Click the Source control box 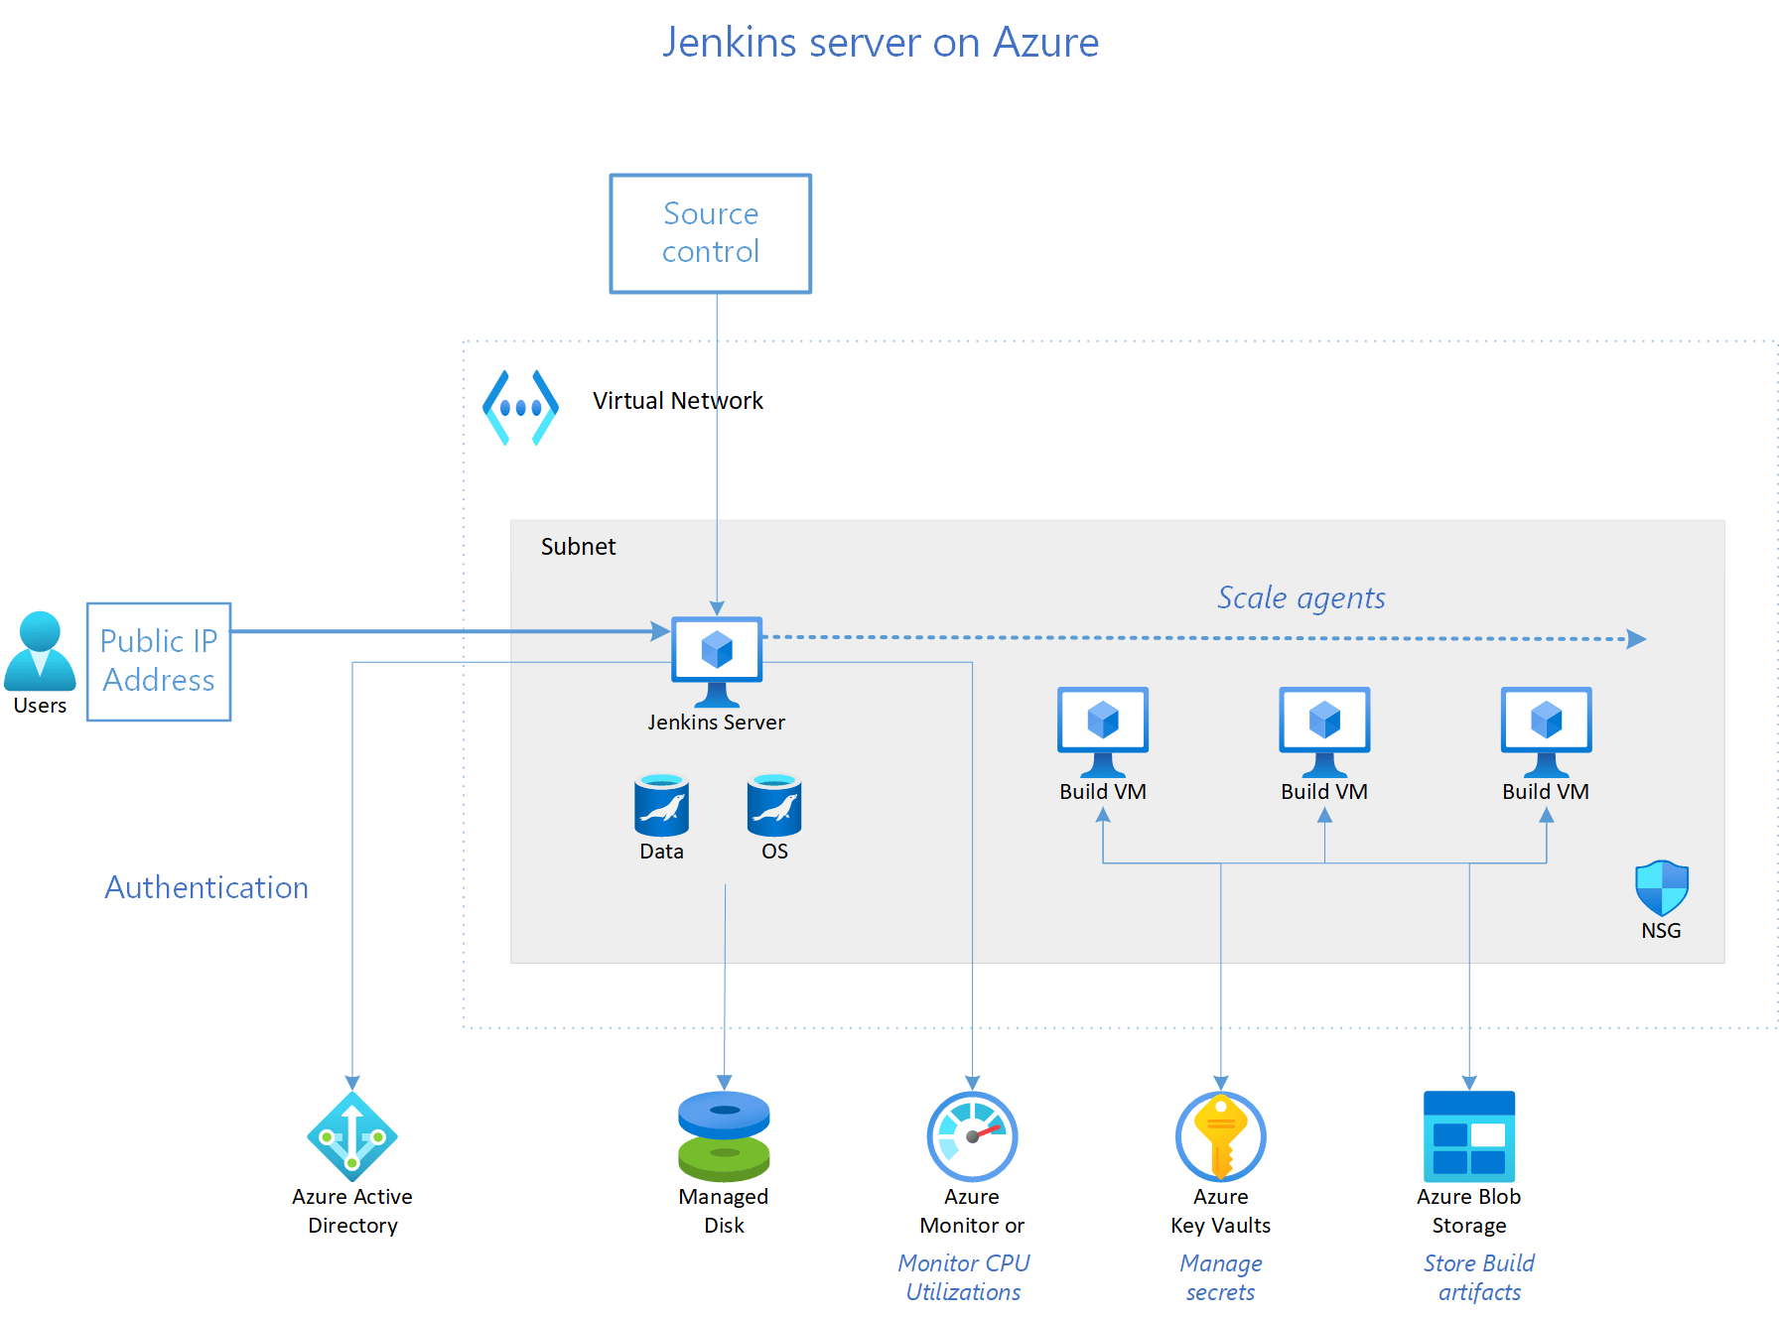coord(710,233)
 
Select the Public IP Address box coord(159,661)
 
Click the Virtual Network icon coord(520,407)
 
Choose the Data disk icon coord(661,805)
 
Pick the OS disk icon coord(774,805)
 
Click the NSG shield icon coord(1661,887)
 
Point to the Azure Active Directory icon coord(352,1136)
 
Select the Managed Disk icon coord(724,1136)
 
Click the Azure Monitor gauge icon coord(972,1136)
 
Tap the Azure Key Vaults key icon coord(1220,1136)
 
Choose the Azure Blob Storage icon coord(1468,1136)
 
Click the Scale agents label coord(1301,597)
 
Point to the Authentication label coord(206,887)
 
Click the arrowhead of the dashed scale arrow coord(1637,639)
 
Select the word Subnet coord(578,547)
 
